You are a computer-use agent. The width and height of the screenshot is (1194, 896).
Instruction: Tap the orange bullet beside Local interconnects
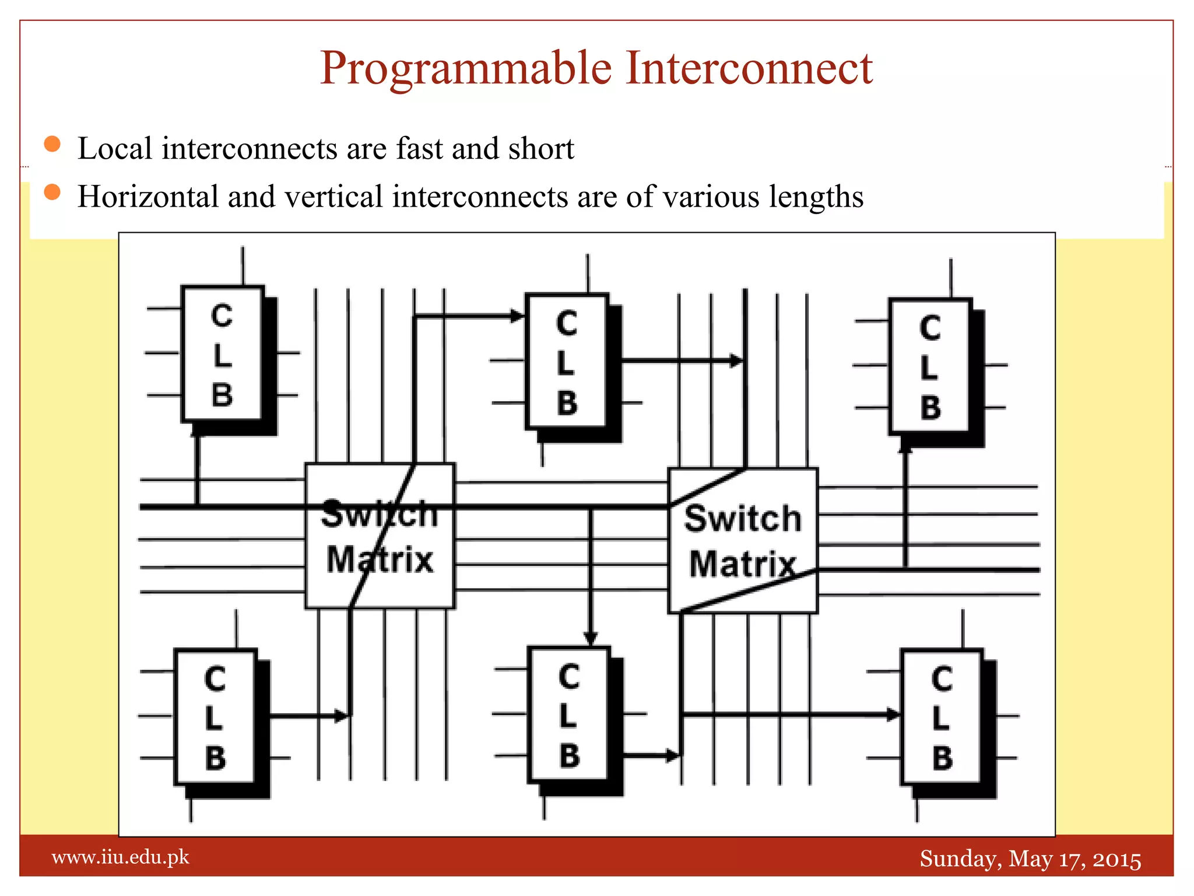pos(52,144)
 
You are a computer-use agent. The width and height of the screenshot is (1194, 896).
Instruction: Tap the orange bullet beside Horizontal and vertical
pos(52,192)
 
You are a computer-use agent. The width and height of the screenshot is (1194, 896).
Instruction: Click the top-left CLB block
pos(222,354)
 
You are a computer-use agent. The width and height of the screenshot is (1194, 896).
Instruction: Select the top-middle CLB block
pos(567,362)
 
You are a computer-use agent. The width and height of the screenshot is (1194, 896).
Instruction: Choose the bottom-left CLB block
pos(215,717)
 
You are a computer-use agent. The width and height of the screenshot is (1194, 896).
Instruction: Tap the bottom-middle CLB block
pos(568,715)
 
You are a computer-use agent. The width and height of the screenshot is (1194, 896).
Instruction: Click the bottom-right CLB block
pos(941,717)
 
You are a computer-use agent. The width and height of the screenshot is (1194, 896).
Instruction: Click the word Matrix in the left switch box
pos(380,560)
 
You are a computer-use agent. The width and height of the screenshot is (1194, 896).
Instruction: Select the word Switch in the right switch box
pos(743,519)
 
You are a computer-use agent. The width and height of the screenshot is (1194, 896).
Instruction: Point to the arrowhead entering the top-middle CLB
pos(517,317)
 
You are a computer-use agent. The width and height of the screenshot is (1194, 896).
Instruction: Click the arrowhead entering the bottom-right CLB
pos(893,714)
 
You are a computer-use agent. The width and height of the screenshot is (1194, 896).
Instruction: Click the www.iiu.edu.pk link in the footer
pos(121,857)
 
